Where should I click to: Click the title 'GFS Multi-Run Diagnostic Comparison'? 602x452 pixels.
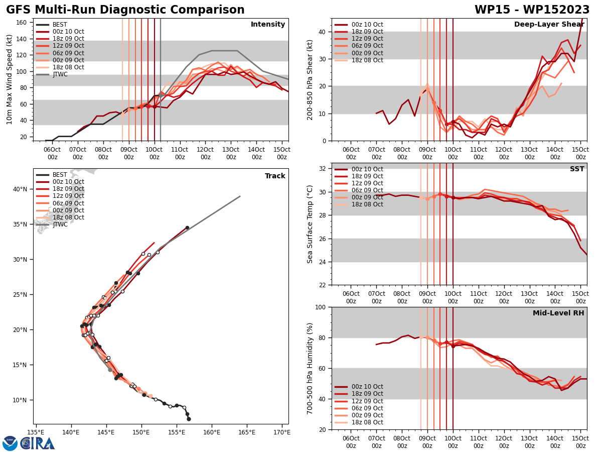click(125, 10)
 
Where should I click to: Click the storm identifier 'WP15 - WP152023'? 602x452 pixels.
click(532, 10)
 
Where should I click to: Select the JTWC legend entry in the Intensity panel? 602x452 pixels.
click(60, 74)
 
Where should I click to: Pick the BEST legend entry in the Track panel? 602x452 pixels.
click(60, 175)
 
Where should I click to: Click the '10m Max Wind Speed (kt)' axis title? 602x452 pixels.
click(10, 79)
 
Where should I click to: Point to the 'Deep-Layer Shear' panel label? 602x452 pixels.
click(549, 25)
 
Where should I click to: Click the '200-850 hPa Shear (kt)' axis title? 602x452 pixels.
click(311, 79)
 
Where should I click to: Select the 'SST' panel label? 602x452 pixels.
click(576, 169)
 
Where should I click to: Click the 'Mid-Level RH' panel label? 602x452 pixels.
click(558, 313)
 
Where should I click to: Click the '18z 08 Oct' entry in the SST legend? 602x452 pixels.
click(367, 204)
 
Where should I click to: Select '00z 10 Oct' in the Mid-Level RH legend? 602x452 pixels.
click(367, 387)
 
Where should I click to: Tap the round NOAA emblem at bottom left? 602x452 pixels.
click(10, 443)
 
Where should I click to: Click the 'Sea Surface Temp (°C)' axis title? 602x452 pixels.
click(311, 224)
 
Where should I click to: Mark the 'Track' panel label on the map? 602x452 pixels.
click(275, 176)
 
